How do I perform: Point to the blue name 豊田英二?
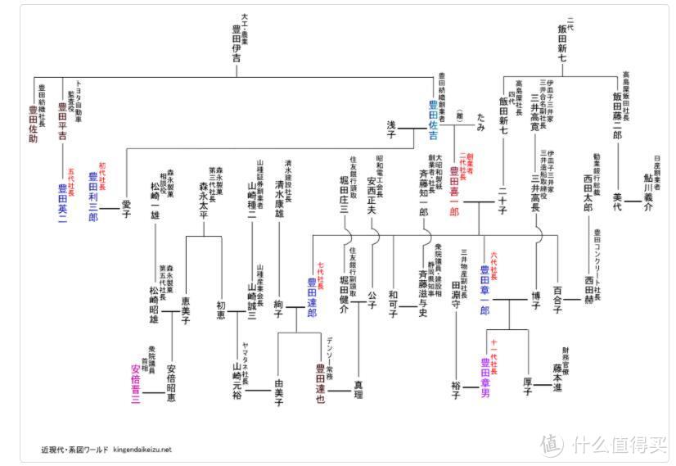click(62, 200)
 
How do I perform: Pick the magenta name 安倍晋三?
click(136, 385)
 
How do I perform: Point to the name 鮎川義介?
click(647, 197)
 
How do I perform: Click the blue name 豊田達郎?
click(312, 296)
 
